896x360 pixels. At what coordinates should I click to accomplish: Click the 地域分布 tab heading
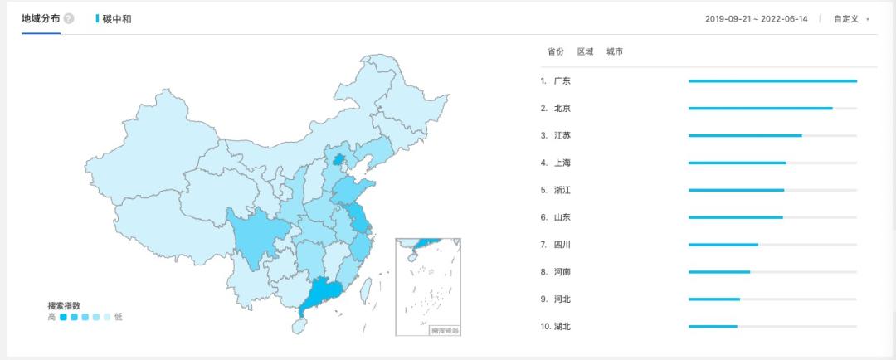[41, 18]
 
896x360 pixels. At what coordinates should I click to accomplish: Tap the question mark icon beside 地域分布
[69, 18]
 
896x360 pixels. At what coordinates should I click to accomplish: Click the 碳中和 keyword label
[116, 18]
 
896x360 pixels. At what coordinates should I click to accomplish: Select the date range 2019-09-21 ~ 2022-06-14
[756, 18]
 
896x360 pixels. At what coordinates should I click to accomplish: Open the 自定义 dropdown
[850, 18]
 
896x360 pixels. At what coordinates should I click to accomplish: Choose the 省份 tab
[555, 51]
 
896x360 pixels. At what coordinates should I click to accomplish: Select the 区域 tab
[585, 51]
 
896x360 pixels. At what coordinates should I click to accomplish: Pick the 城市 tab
[615, 51]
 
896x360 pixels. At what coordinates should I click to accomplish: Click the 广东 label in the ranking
[562, 81]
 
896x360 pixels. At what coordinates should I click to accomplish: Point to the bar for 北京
[760, 108]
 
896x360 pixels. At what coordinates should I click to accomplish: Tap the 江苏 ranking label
[562, 135]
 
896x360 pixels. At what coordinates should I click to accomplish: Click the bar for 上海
[737, 163]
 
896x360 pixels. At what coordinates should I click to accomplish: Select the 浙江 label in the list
[562, 190]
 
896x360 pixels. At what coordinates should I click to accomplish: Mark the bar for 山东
[735, 217]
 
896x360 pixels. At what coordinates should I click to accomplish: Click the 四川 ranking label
[562, 245]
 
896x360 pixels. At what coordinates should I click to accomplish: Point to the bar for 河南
[718, 272]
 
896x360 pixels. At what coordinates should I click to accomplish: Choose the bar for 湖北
[713, 326]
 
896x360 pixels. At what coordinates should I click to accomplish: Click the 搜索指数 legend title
[64, 305]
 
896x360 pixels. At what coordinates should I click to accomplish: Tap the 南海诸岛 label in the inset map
[445, 331]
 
